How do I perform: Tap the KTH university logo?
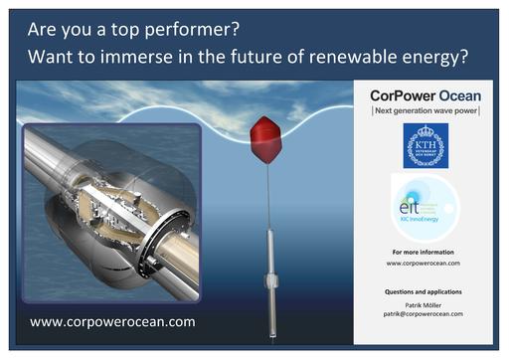click(424, 146)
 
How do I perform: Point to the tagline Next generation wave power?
click(424, 110)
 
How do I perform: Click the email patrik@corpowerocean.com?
click(424, 313)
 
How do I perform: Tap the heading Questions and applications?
click(424, 291)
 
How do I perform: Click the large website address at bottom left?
click(112, 322)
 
